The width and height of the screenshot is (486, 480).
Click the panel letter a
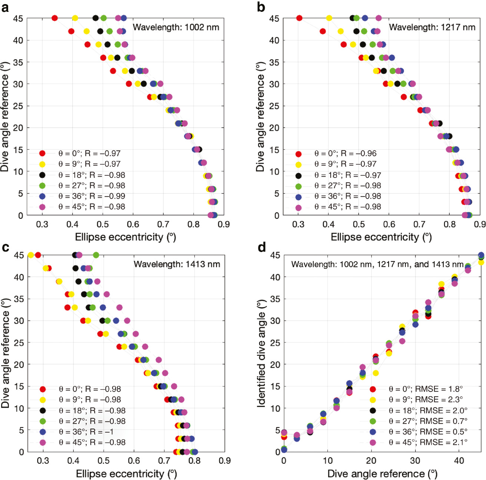pyautogui.click(x=5, y=7)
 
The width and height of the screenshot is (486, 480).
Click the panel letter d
pyautogui.click(x=262, y=247)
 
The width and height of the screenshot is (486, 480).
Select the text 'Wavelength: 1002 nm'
pyautogui.click(x=176, y=27)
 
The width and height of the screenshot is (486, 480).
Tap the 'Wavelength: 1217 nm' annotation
pyautogui.click(x=432, y=27)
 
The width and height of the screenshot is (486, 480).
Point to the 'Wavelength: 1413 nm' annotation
pyautogui.click(x=177, y=264)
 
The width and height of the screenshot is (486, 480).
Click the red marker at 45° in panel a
pyautogui.click(x=54, y=18)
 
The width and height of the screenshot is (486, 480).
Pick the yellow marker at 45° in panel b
pyautogui.click(x=329, y=18)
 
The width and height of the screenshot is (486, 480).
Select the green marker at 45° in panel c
pyautogui.click(x=96, y=255)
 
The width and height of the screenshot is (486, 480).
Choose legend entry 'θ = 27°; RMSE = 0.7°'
pyautogui.click(x=428, y=421)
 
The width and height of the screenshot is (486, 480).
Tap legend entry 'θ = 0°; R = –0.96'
pyautogui.click(x=345, y=153)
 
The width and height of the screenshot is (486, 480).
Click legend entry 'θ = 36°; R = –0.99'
pyautogui.click(x=92, y=196)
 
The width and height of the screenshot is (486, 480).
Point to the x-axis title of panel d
pyautogui.click(x=382, y=474)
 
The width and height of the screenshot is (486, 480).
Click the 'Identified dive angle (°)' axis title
pyautogui.click(x=261, y=354)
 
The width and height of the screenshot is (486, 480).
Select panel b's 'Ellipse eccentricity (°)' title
pyautogui.click(x=381, y=237)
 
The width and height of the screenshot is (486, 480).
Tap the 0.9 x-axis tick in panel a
pyautogui.click(x=224, y=224)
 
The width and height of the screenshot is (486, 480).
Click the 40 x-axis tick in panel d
pyautogui.click(x=459, y=461)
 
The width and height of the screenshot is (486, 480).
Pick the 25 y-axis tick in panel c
pyautogui.click(x=19, y=343)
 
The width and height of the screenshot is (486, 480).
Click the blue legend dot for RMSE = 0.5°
pyautogui.click(x=373, y=432)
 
